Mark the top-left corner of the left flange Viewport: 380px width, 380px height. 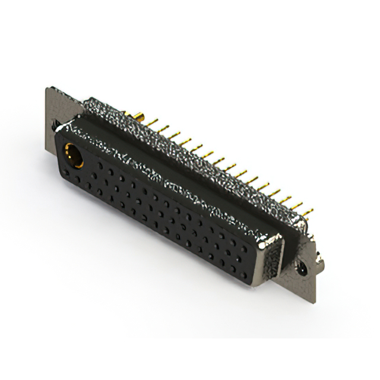pos(47,90)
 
